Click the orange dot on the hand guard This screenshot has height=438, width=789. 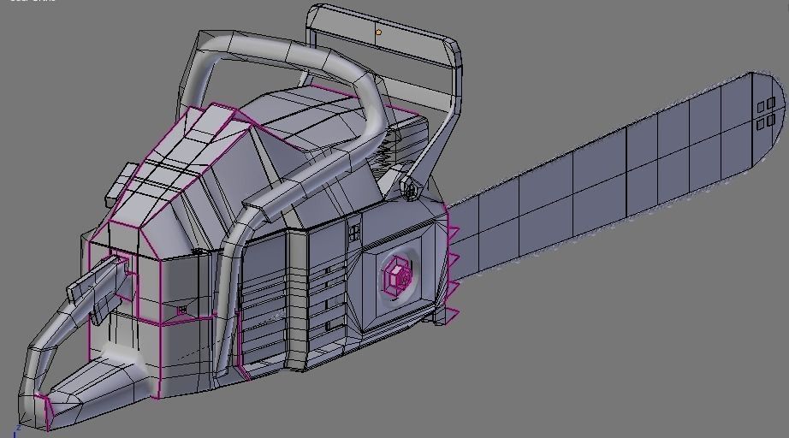point(378,33)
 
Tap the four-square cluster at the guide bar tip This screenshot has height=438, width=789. point(766,113)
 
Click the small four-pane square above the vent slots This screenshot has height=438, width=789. point(353,231)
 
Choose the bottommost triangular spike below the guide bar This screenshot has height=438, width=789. point(449,316)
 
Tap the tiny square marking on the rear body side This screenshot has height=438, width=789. point(181,309)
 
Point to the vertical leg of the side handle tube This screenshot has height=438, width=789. point(224,282)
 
